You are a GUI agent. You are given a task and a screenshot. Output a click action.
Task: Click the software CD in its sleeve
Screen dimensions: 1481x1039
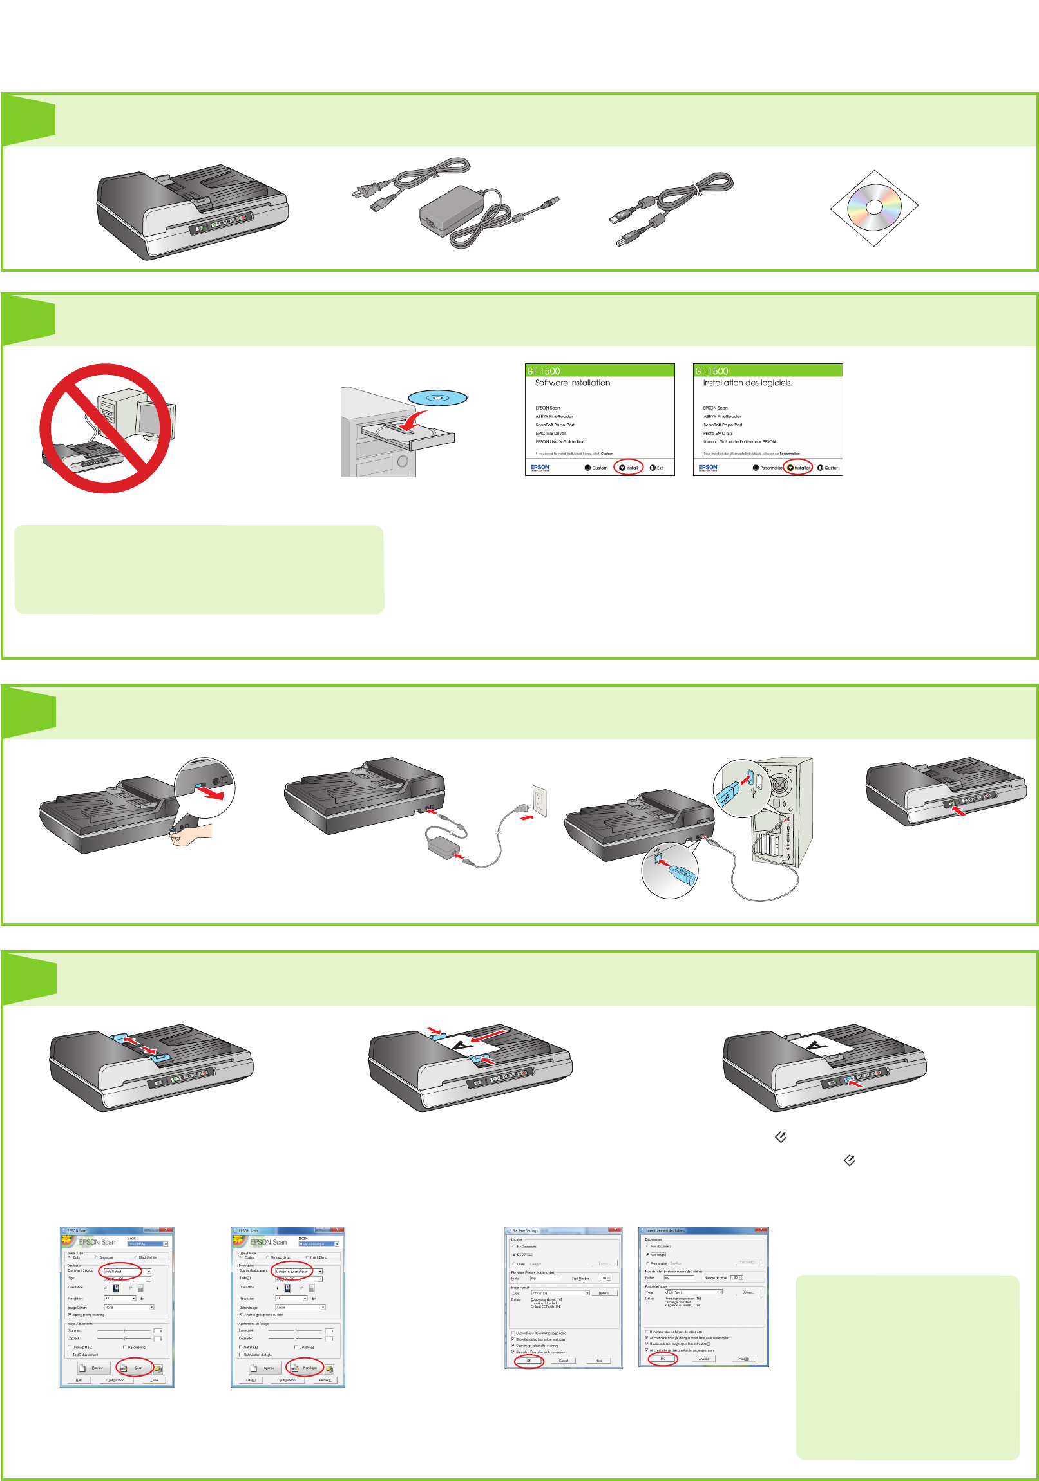[874, 207]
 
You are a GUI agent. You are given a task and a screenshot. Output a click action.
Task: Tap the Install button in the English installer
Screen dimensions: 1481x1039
[629, 468]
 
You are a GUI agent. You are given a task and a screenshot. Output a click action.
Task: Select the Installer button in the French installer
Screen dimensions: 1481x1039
[799, 468]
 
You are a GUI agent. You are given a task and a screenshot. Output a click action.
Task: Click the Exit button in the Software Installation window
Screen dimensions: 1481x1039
[656, 468]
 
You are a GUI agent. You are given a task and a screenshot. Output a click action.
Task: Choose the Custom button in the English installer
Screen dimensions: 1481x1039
[596, 468]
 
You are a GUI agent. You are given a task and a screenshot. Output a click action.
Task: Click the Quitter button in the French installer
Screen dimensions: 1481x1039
[828, 468]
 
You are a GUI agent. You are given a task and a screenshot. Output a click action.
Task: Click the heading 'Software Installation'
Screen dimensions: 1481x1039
[572, 383]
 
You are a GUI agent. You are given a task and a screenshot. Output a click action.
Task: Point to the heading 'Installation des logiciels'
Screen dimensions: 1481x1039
[746, 383]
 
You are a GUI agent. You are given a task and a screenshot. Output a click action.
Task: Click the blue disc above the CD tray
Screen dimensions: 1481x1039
[437, 398]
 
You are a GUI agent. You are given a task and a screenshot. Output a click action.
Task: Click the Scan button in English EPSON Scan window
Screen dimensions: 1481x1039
[135, 1368]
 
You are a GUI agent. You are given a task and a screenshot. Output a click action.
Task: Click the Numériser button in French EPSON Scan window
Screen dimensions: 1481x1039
[305, 1368]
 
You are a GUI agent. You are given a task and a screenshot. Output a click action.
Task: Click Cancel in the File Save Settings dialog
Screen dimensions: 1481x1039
[563, 1361]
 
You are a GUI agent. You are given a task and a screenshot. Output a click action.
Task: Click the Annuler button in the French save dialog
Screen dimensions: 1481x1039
[703, 1359]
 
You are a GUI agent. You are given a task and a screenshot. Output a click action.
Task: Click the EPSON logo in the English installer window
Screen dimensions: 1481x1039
[540, 468]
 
